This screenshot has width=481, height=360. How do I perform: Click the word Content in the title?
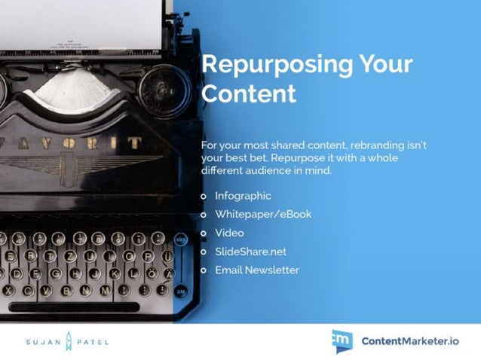[x=248, y=95]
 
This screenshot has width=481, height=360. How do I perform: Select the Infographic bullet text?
[x=242, y=196]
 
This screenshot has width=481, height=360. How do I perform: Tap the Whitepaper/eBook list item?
[x=262, y=214]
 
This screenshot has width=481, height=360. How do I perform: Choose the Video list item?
[x=229, y=233]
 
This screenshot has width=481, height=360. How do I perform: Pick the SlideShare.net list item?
[x=250, y=252]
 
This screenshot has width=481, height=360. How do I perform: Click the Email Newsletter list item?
[x=256, y=270]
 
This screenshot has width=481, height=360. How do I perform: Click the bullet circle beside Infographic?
[x=204, y=196]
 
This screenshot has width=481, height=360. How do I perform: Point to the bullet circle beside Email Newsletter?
[x=204, y=270]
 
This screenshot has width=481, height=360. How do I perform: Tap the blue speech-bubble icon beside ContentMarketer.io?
[x=342, y=340]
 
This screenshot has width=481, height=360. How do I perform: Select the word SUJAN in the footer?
[x=38, y=341]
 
